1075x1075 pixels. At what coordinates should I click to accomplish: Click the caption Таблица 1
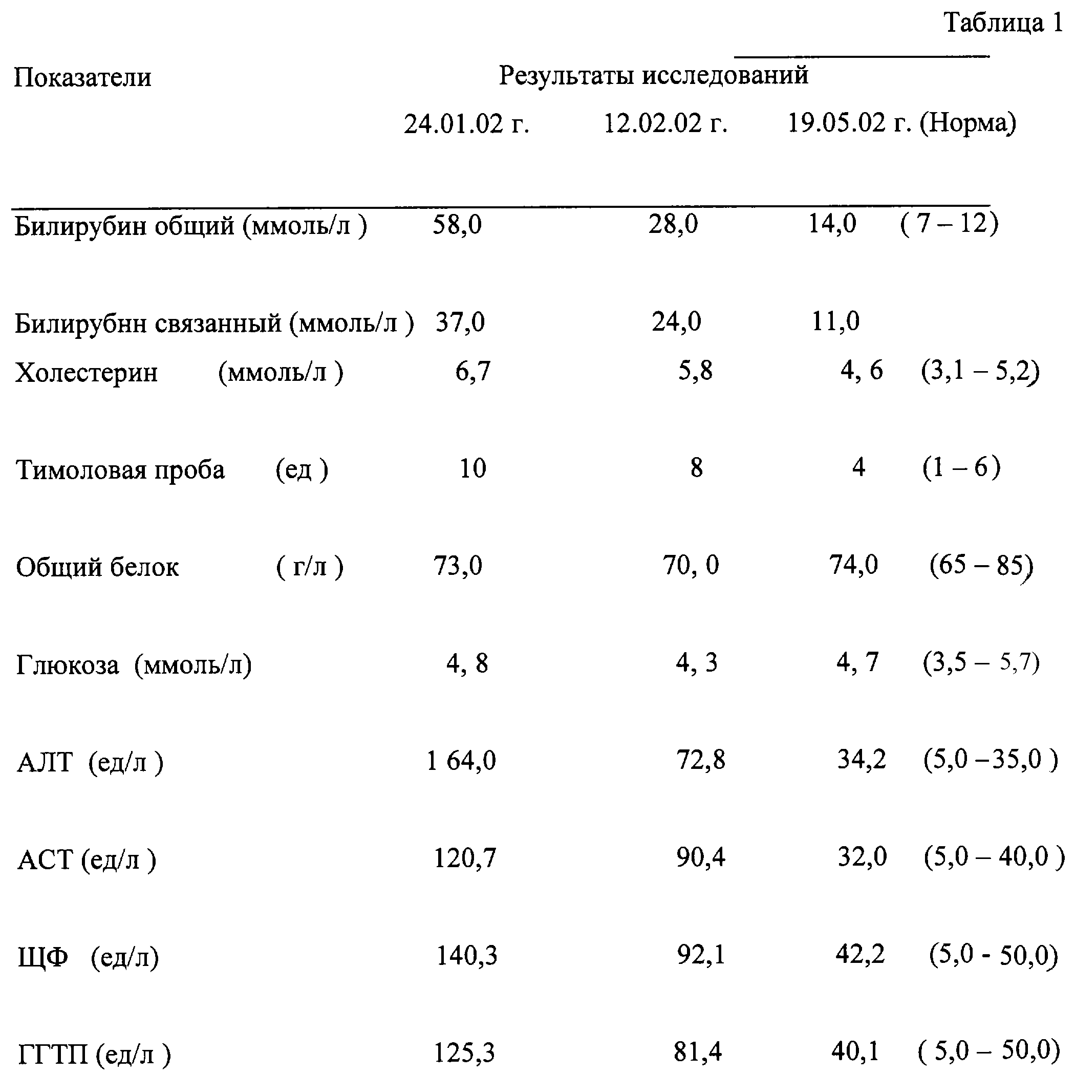point(1005,24)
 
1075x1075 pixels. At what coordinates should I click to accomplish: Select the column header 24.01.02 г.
point(466,123)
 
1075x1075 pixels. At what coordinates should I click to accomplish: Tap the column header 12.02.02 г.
point(665,123)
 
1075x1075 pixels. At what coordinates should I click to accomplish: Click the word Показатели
point(82,77)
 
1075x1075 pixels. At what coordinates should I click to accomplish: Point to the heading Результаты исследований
point(653,75)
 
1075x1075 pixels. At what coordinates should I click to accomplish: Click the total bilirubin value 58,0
point(457,225)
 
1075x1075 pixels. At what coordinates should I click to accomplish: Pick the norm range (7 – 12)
point(949,224)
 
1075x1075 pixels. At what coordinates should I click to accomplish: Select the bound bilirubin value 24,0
point(677,321)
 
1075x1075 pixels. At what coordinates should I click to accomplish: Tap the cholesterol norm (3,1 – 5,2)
point(980,371)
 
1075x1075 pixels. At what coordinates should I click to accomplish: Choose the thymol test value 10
point(472,468)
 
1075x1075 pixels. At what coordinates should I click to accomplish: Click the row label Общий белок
point(97,567)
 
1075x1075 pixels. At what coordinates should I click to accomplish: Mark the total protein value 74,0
point(853,565)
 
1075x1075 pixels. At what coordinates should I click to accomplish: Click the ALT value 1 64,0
point(461,761)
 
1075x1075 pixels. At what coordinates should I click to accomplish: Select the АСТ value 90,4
point(700,857)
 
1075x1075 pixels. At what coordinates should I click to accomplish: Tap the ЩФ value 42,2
point(859,955)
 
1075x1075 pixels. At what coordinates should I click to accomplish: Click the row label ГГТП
point(53,1054)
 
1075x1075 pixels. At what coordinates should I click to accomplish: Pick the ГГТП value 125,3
point(464,1053)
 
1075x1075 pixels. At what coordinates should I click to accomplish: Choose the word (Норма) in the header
point(967,123)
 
